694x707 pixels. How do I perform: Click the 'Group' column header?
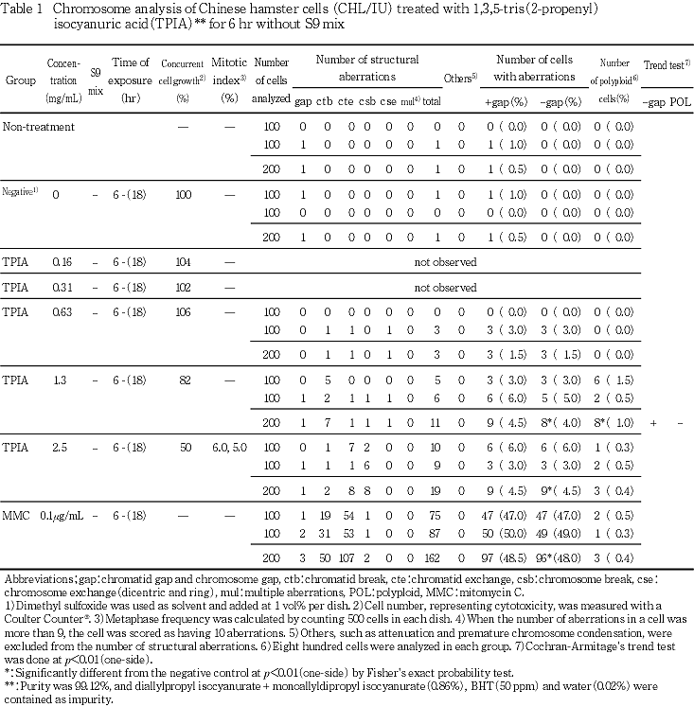21,81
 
